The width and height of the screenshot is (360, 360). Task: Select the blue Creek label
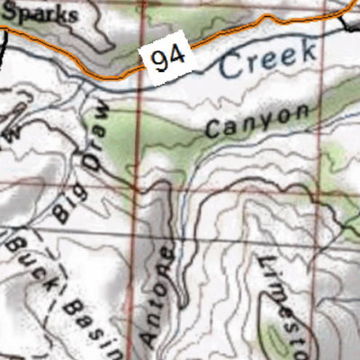point(268,58)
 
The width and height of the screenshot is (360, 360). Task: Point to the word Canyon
point(256,121)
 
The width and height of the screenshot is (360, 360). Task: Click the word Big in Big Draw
point(65,202)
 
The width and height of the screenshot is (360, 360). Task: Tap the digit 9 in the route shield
point(161,61)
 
